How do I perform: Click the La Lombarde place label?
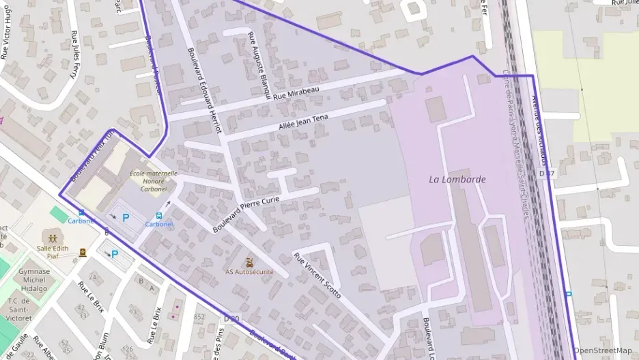pyautogui.click(x=457, y=180)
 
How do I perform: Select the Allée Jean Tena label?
pyautogui.click(x=303, y=123)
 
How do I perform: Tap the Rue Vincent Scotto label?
pyautogui.click(x=317, y=275)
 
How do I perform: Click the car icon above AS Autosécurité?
pyautogui.click(x=250, y=261)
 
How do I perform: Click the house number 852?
pyautogui.click(x=199, y=317)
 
